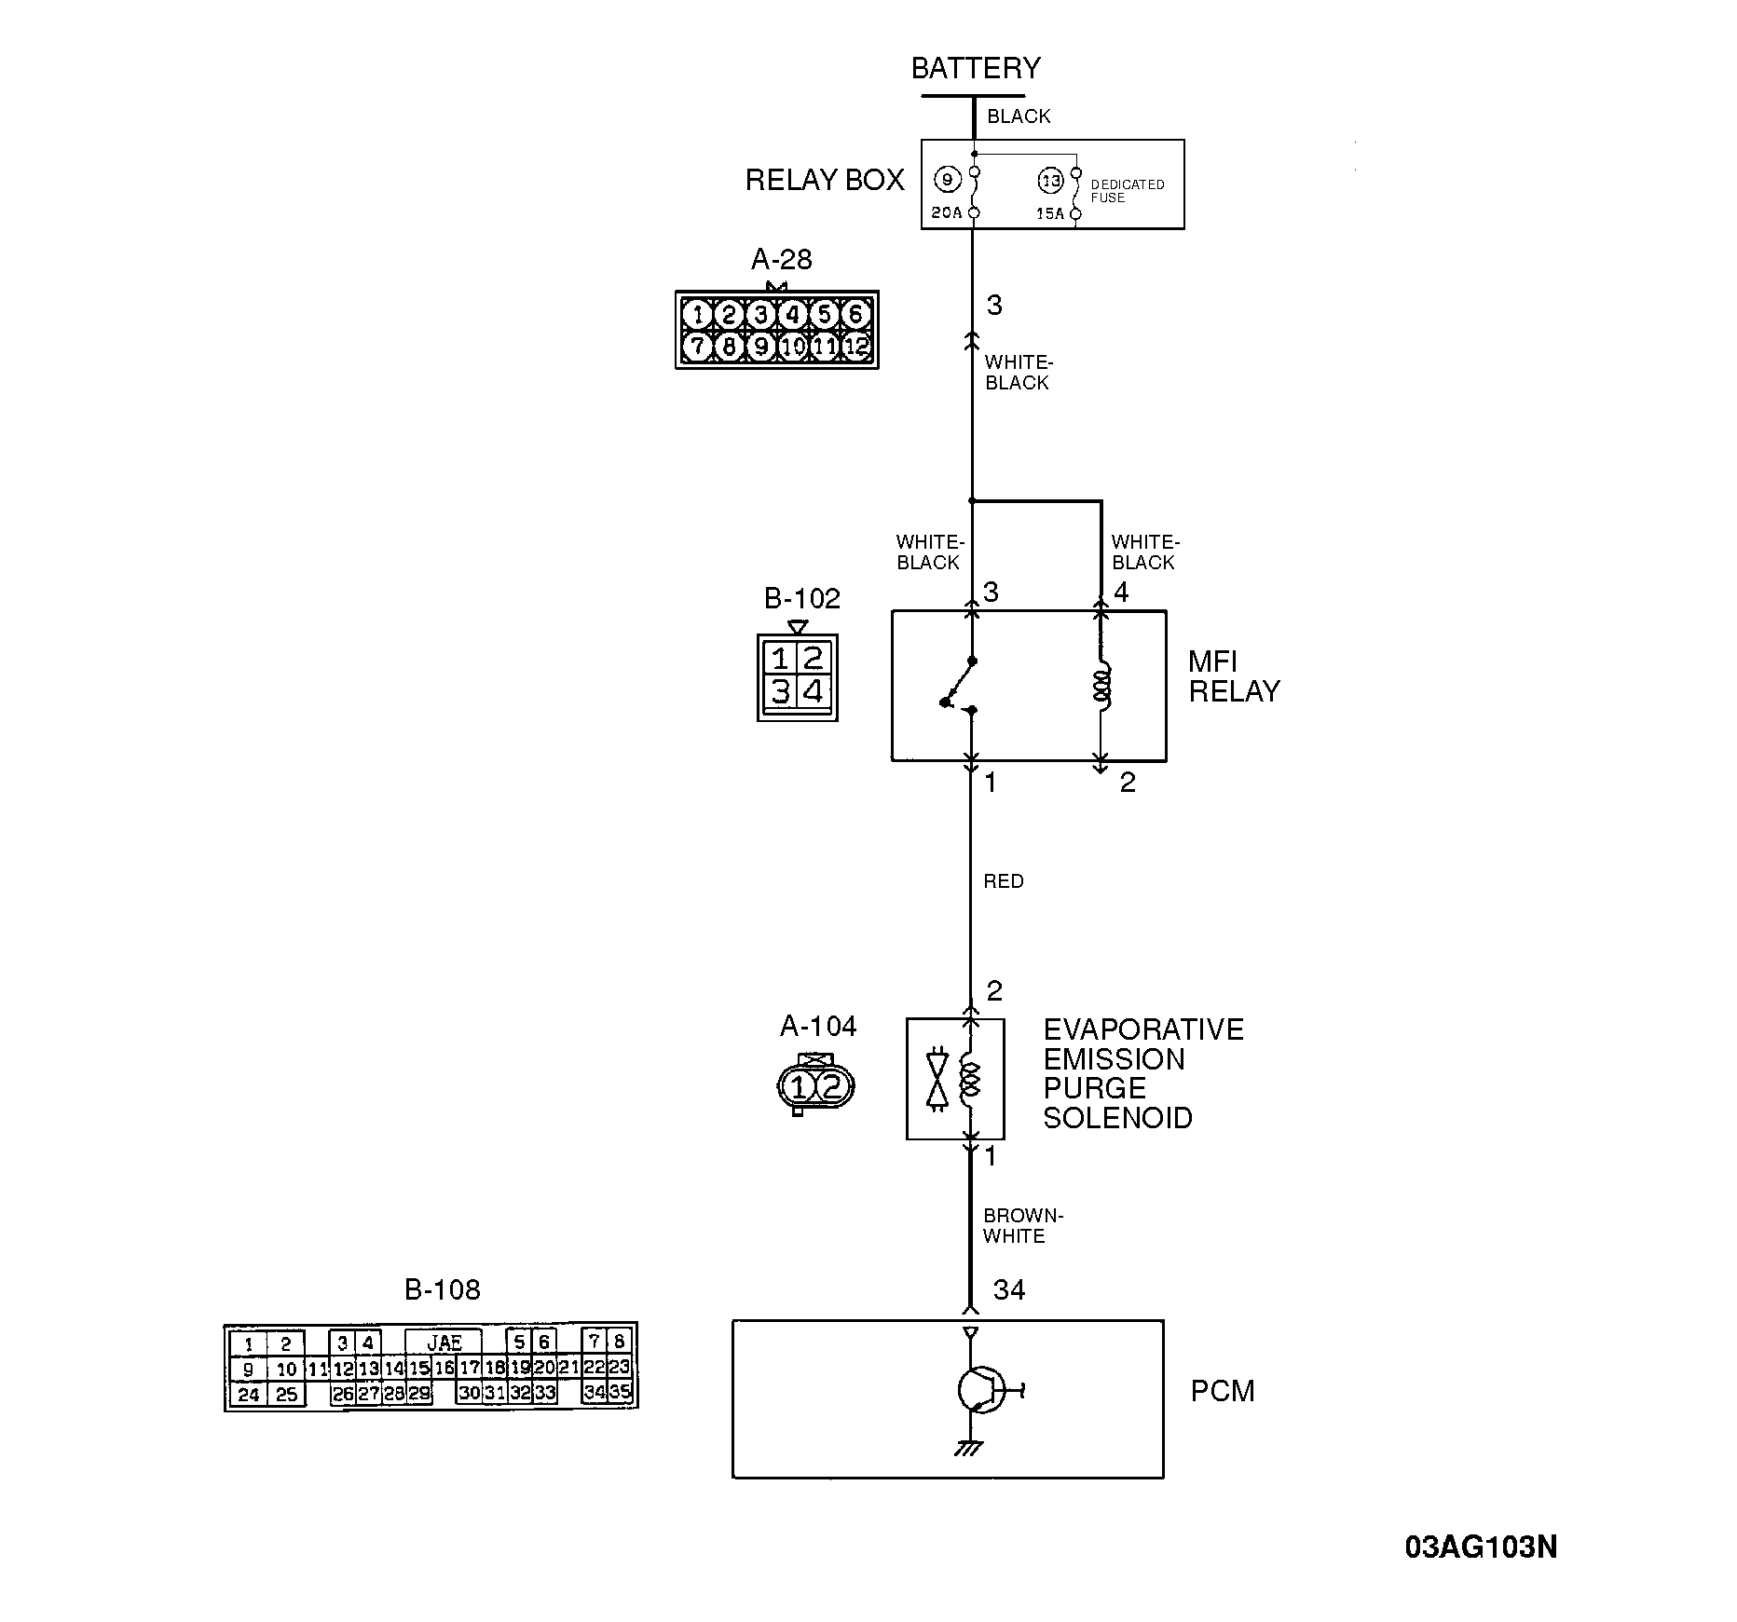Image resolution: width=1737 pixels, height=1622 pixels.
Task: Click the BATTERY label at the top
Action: [x=975, y=68]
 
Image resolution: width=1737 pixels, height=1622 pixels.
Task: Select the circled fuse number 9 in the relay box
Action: [x=947, y=180]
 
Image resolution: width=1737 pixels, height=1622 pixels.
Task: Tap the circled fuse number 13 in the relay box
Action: [x=1050, y=181]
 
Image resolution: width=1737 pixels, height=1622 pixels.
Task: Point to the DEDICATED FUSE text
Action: [x=1127, y=191]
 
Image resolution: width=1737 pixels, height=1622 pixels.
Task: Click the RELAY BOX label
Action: [x=825, y=180]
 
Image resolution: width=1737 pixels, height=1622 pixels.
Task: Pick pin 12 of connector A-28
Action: [x=855, y=348]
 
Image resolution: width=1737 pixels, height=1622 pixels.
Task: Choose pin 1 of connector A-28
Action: [x=697, y=315]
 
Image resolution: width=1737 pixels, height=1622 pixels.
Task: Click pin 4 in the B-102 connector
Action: [x=814, y=692]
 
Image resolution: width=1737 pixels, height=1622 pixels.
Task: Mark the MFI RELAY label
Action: [x=1233, y=676]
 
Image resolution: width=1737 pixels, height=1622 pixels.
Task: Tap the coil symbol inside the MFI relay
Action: [x=1101, y=686]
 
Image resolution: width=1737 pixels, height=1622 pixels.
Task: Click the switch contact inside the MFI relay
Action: [x=960, y=685]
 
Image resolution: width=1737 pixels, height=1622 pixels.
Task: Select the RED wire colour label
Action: [x=1004, y=881]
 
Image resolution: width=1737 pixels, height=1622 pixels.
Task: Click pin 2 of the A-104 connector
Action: [x=832, y=1086]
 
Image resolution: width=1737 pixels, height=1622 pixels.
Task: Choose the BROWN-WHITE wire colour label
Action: [x=1022, y=1226]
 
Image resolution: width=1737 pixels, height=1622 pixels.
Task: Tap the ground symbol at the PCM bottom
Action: [x=969, y=1449]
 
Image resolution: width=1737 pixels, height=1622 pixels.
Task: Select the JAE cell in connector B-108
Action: [x=445, y=1343]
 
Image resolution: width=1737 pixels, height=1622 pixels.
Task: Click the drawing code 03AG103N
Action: [x=1481, y=1547]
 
